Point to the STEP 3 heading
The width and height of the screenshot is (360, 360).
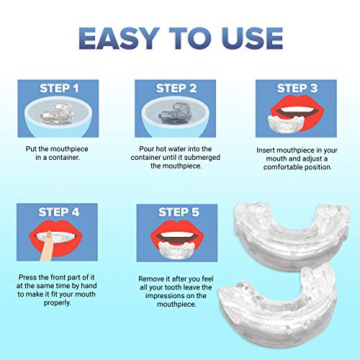[x=292, y=89]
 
